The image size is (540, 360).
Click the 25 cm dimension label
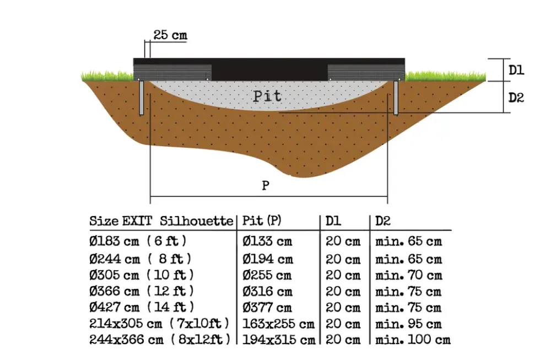pos(170,35)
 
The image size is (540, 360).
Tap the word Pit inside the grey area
pos(267,96)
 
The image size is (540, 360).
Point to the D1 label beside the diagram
pos(516,70)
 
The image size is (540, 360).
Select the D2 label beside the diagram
pos(516,98)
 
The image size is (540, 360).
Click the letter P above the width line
pos(266,185)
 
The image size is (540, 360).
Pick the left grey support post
pos(141,98)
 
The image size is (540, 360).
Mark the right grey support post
pos(396,98)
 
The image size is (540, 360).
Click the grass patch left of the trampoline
pos(107,76)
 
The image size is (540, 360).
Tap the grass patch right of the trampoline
pos(445,76)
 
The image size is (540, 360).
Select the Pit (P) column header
pos(262,221)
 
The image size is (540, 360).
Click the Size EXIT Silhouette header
pos(161,221)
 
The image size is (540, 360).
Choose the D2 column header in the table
pos(383,221)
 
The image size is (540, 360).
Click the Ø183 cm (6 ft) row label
pos(138,241)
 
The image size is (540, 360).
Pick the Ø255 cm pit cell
pos(267,275)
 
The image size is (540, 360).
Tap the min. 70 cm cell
pos(409,275)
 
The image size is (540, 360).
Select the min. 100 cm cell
pos(413,340)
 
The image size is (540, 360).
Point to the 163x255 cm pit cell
pos(278,324)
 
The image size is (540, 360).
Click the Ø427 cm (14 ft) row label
pos(142,307)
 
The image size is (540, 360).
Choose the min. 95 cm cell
pos(408,324)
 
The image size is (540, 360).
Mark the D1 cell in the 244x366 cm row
pos(343,340)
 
